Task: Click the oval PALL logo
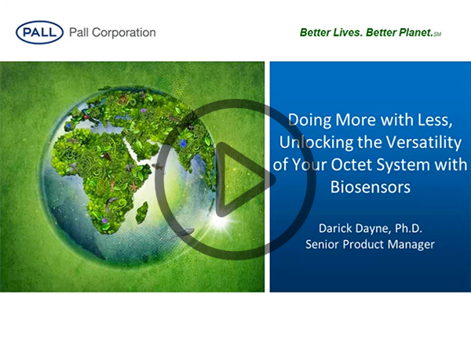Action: click(39, 32)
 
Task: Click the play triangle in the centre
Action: click(240, 180)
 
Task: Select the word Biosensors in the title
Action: click(371, 187)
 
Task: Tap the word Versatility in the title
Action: click(424, 143)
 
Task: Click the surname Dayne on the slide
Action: click(374, 228)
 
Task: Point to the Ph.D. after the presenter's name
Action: click(408, 228)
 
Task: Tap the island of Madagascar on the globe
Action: click(141, 213)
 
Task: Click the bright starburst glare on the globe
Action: click(221, 221)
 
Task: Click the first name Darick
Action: click(335, 228)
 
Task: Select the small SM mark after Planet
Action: click(437, 35)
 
